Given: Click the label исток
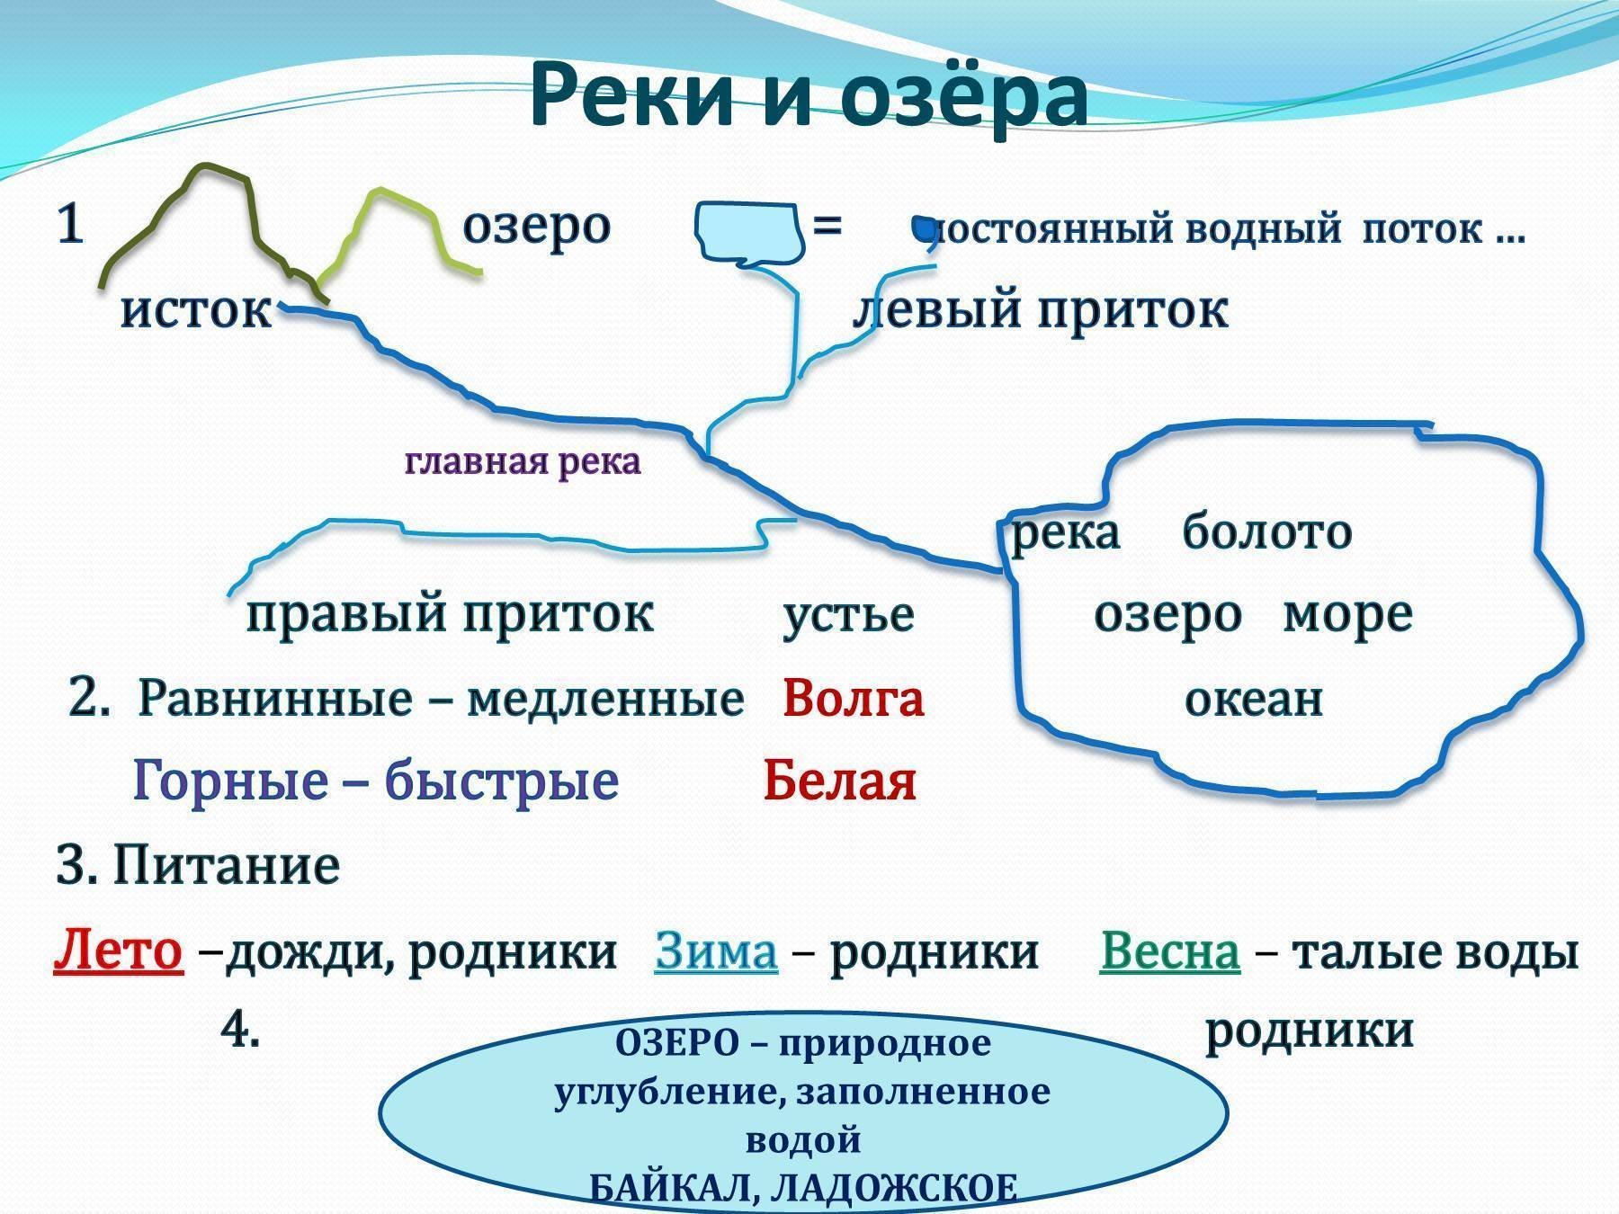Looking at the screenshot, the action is coord(196,310).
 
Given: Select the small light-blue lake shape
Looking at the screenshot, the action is coord(747,234).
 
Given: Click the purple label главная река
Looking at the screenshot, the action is coord(523,462).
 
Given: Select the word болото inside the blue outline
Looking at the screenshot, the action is coord(1266,531).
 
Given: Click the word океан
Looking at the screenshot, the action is coord(1254,700).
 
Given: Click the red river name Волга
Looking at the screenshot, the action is coord(853,698).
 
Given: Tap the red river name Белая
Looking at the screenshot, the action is coord(839,781).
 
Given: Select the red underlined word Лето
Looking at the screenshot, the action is coord(118,951).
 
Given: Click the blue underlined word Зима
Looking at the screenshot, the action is coord(716,951).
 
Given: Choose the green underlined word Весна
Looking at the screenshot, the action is coord(1170,951).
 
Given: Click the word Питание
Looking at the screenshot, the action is coord(226,866).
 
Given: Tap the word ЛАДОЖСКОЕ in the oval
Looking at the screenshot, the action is coord(895,1189).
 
